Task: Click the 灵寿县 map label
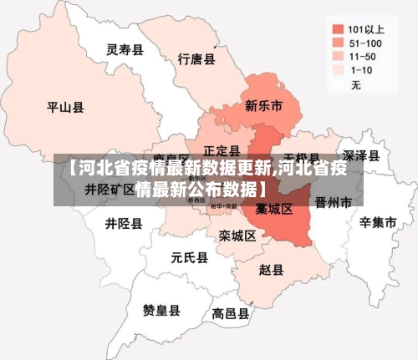click(125, 49)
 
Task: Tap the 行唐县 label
click(197, 59)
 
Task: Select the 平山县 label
click(65, 107)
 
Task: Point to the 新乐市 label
click(263, 106)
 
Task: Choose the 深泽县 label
click(362, 155)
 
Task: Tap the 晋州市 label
click(334, 202)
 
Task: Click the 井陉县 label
click(124, 224)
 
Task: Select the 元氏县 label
click(190, 257)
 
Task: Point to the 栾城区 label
click(237, 236)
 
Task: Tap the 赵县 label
click(271, 270)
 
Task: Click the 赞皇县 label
click(161, 311)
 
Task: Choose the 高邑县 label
click(231, 314)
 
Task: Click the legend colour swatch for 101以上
click(338, 26)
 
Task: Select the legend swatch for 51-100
click(338, 41)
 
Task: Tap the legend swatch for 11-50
click(338, 55)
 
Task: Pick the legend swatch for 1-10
click(338, 70)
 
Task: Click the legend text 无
click(356, 85)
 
